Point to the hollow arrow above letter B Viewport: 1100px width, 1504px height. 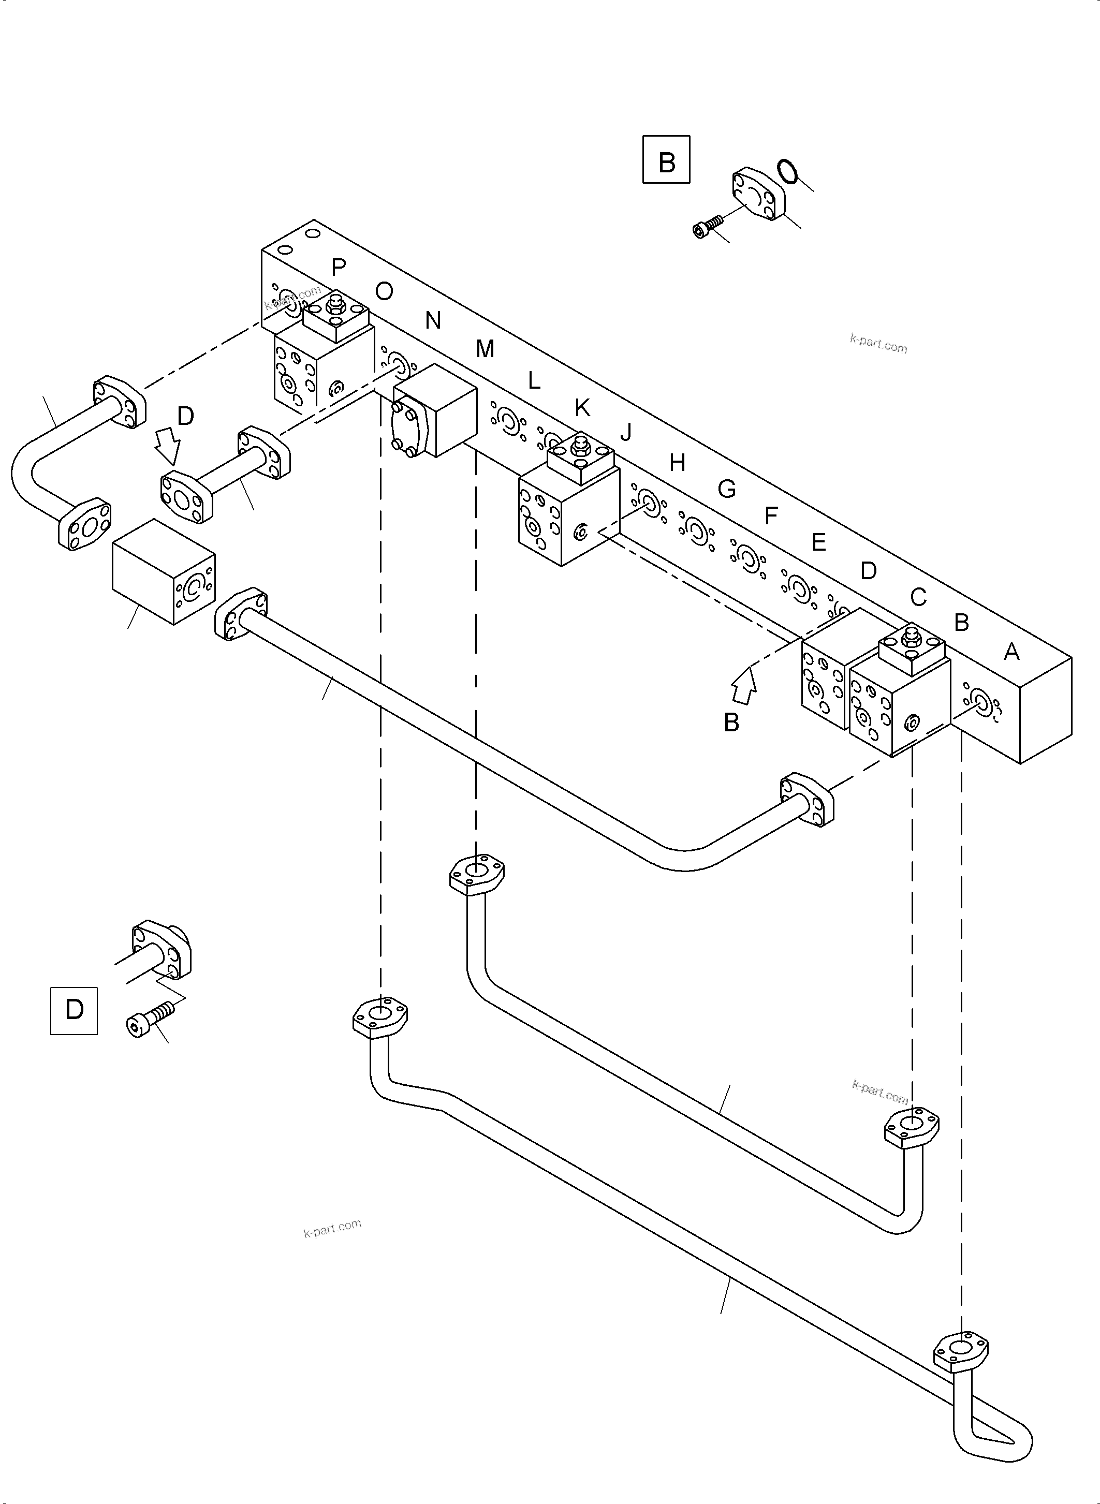(x=745, y=686)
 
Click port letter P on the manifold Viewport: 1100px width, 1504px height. (x=338, y=268)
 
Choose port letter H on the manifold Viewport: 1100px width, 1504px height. (x=677, y=462)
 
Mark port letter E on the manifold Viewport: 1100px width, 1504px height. (x=818, y=542)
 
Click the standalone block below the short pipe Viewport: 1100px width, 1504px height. (x=163, y=571)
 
